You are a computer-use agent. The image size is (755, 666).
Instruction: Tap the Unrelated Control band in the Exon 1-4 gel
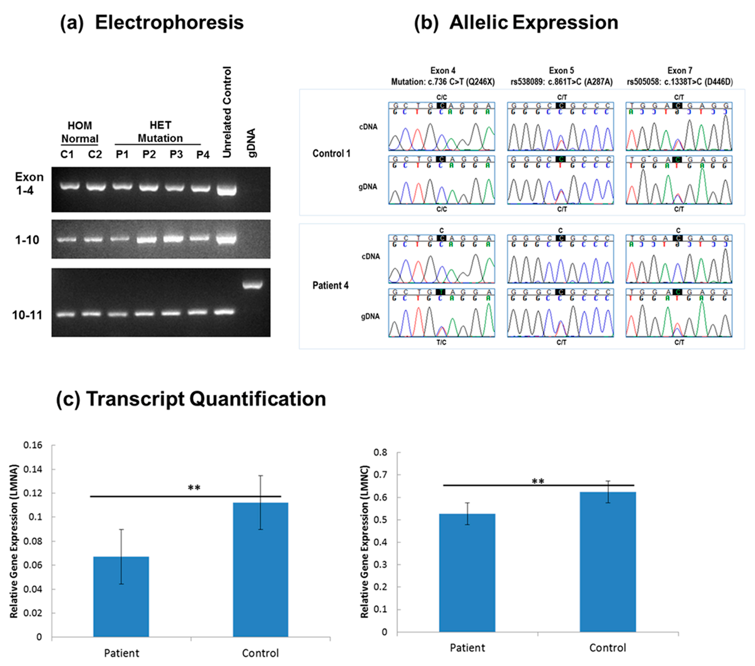pyautogui.click(x=226, y=190)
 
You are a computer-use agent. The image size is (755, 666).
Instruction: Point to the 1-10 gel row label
pyautogui.click(x=27, y=240)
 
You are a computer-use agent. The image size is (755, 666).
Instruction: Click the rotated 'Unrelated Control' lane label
pyautogui.click(x=227, y=112)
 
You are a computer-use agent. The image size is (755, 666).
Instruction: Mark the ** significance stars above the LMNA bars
pyautogui.click(x=194, y=488)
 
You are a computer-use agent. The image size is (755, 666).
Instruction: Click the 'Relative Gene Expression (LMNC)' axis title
pyautogui.click(x=365, y=541)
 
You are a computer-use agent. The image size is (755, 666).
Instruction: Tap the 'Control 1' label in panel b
pyautogui.click(x=331, y=153)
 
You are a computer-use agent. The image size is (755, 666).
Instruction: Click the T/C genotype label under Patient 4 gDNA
pyautogui.click(x=441, y=342)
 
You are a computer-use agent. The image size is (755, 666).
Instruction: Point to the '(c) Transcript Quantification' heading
pyautogui.click(x=191, y=399)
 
